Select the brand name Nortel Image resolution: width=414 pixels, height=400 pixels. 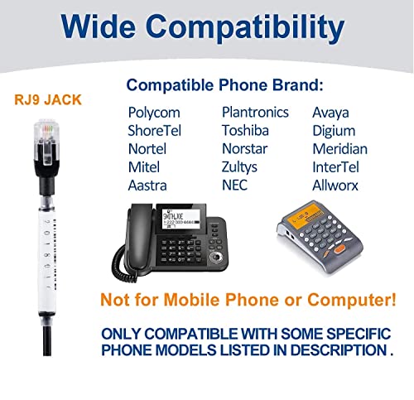click(147, 149)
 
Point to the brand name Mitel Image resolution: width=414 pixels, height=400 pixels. click(144, 167)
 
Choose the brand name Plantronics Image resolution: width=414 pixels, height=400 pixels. click(255, 113)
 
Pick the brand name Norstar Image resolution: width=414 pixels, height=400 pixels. click(244, 149)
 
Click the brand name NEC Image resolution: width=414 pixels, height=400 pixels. click(235, 185)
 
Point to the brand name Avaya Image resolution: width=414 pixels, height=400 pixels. click(331, 113)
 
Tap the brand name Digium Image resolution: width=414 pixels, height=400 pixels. click(334, 131)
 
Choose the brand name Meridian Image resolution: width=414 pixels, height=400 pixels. click(339, 149)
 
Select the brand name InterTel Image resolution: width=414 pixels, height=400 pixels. click(336, 167)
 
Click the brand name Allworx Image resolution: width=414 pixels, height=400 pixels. click(335, 185)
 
